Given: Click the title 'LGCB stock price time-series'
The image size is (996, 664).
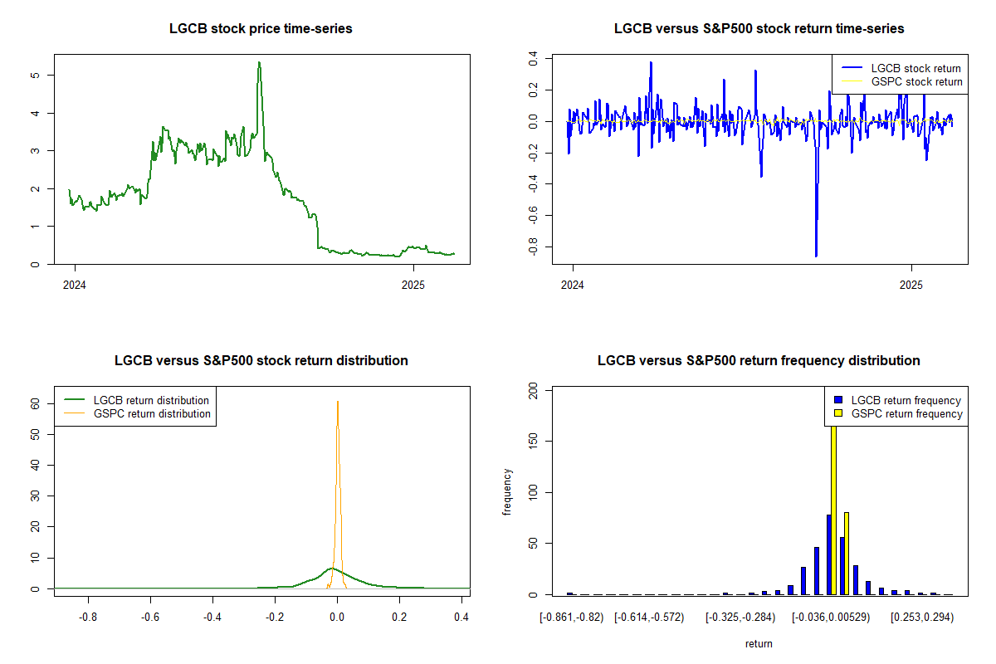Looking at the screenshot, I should point(261,29).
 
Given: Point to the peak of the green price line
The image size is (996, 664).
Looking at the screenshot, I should point(259,63).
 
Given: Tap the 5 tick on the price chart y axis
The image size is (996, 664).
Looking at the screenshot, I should point(34,75).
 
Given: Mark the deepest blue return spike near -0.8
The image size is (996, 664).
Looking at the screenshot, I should point(816,256).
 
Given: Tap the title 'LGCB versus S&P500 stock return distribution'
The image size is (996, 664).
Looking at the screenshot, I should point(261,361).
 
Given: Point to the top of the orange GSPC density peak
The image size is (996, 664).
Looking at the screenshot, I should point(338,403).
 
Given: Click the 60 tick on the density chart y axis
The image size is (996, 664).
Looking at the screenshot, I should point(34,403).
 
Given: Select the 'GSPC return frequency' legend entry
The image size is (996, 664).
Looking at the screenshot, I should point(906,413).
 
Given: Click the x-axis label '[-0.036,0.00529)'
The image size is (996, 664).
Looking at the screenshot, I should point(831,618).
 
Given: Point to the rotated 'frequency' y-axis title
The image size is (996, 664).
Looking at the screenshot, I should point(508,491).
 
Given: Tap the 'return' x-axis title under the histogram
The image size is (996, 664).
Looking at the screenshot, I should point(759,644).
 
